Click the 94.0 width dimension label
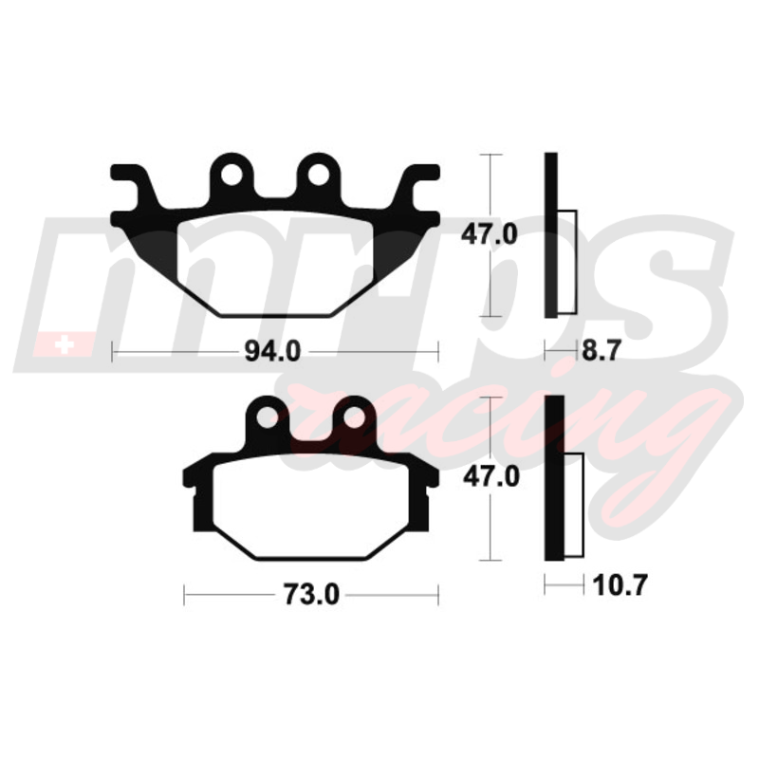tap(272, 351)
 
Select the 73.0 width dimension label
tap(311, 595)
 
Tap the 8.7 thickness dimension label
tap(601, 350)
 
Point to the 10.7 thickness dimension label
tap(620, 585)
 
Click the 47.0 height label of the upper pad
tap(490, 234)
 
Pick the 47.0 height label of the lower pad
tap(491, 477)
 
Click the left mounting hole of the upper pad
tap(231, 175)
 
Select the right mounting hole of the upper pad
tap(319, 175)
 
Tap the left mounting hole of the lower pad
tap(268, 417)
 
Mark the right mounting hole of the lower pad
tap(354, 417)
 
